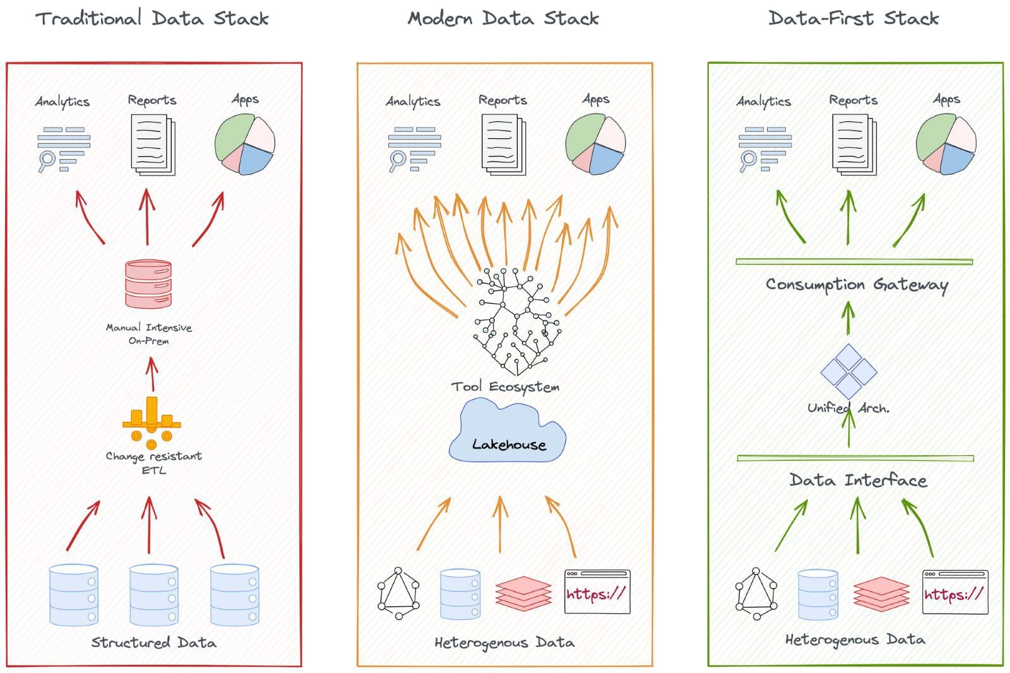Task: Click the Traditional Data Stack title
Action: point(151,18)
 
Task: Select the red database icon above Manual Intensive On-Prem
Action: point(148,284)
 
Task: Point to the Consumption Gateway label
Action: point(857,285)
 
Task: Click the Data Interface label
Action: point(858,480)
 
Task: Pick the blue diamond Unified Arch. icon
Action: point(848,371)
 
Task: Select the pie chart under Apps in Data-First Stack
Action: point(946,145)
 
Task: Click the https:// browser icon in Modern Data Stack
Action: point(597,592)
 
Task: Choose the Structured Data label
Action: point(153,643)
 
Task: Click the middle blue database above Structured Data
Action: point(153,595)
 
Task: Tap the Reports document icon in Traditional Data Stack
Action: point(153,145)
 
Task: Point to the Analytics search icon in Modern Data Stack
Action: point(413,149)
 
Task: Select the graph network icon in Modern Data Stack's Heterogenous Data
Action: point(398,593)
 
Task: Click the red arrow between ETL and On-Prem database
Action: point(151,374)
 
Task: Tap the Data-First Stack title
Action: point(853,18)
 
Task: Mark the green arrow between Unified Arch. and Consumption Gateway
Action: point(848,318)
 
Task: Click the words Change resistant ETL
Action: point(153,462)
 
